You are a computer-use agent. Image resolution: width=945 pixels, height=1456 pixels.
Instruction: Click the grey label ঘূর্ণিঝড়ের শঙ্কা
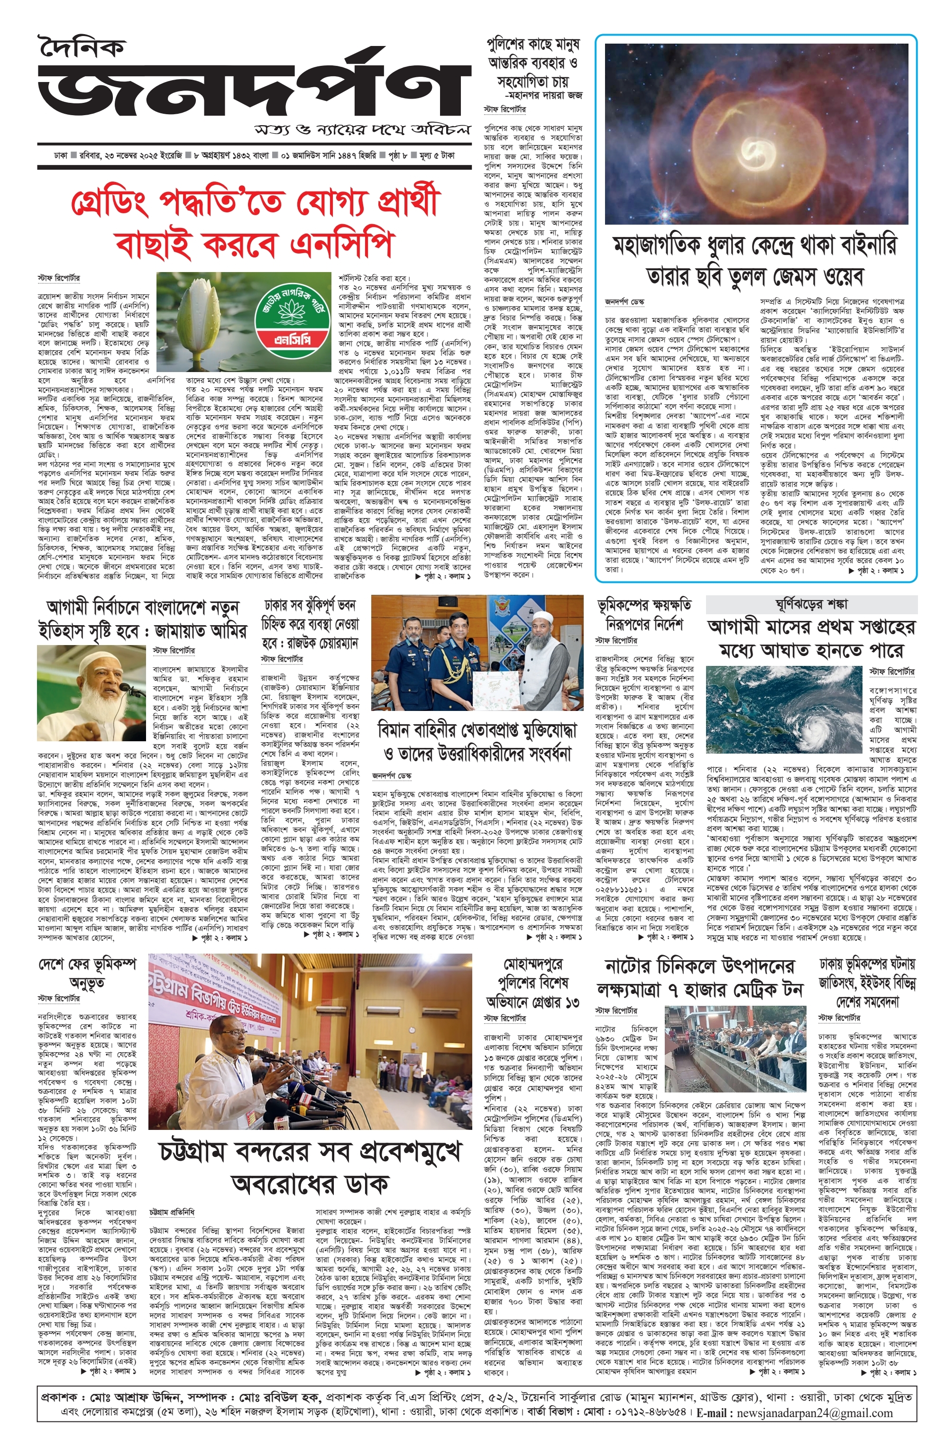pos(811,604)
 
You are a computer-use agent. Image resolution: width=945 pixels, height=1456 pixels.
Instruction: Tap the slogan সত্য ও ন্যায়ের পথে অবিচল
pos(364,130)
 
